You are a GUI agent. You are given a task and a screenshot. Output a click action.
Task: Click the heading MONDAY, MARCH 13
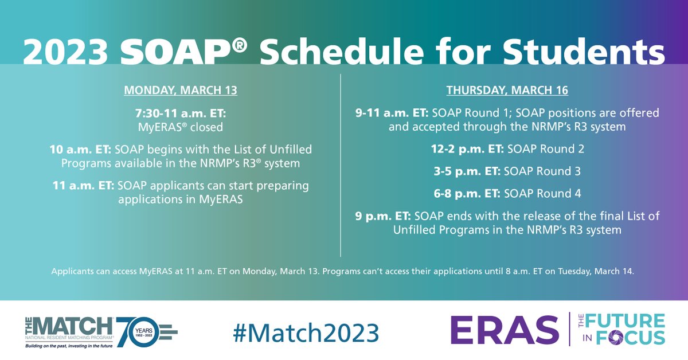pos(181,91)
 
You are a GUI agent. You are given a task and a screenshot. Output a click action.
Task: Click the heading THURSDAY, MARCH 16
pos(507,91)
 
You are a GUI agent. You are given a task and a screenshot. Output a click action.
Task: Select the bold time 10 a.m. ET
pos(80,150)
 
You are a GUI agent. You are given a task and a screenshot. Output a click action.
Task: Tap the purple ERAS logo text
pos(504,331)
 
